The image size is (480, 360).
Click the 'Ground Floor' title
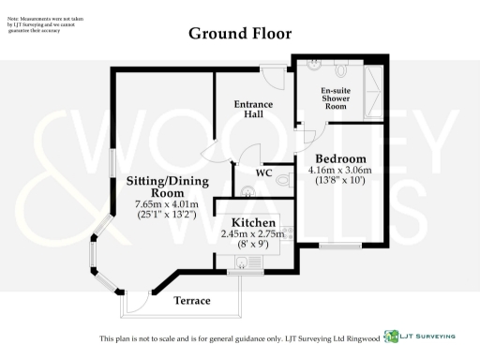240,34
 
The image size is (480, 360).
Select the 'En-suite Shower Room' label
335,97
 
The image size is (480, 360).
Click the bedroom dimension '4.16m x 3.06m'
340,170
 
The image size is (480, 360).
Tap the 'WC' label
264,173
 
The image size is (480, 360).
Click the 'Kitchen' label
247,222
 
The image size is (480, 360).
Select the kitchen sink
244,265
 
